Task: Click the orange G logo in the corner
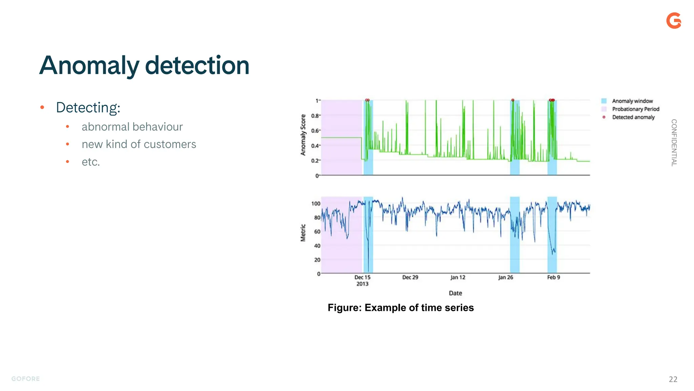[x=674, y=21]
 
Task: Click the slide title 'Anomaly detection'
[x=144, y=65]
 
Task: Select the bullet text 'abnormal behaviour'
[x=132, y=127]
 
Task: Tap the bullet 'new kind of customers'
[x=139, y=144]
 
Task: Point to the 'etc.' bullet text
[x=91, y=162]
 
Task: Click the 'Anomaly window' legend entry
[x=632, y=101]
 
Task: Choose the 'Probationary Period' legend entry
[x=635, y=109]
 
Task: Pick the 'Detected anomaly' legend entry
[x=633, y=117]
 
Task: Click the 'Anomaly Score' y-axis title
[x=303, y=135]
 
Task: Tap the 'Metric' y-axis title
[x=303, y=233]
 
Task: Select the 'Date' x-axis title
[x=455, y=293]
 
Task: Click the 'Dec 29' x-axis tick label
[x=410, y=278]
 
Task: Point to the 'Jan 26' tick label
[x=505, y=278]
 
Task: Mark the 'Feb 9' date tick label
[x=553, y=278]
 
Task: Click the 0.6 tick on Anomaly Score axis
[x=315, y=131]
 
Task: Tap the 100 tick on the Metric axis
[x=315, y=204]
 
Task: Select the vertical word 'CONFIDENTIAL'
[x=674, y=143]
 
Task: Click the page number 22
[x=673, y=379]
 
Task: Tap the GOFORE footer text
[x=26, y=379]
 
